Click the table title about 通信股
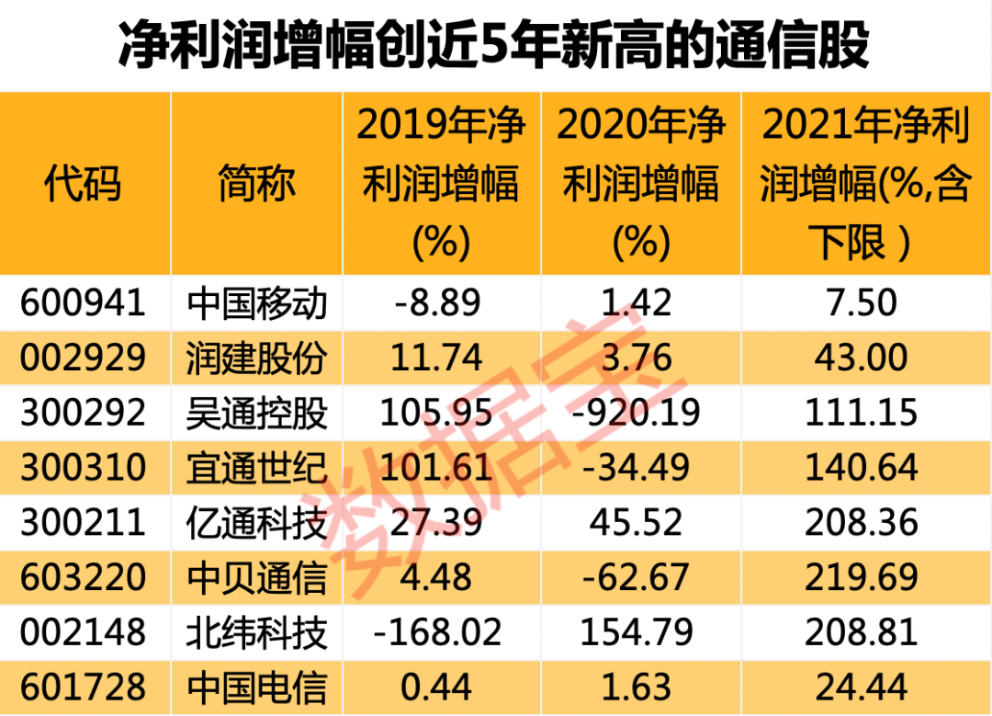[494, 46]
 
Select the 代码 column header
[83, 184]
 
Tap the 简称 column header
[256, 184]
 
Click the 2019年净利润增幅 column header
[441, 184]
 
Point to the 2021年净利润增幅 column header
[864, 184]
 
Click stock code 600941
[83, 302]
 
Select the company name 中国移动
[256, 302]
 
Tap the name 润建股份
[256, 358]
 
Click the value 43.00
[862, 358]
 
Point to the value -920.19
[639, 413]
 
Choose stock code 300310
[83, 468]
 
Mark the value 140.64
[862, 468]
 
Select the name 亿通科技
[256, 523]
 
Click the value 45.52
[639, 523]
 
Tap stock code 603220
[83, 577]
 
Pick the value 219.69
[862, 577]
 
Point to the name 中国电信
[256, 687]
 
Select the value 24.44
[862, 687]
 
